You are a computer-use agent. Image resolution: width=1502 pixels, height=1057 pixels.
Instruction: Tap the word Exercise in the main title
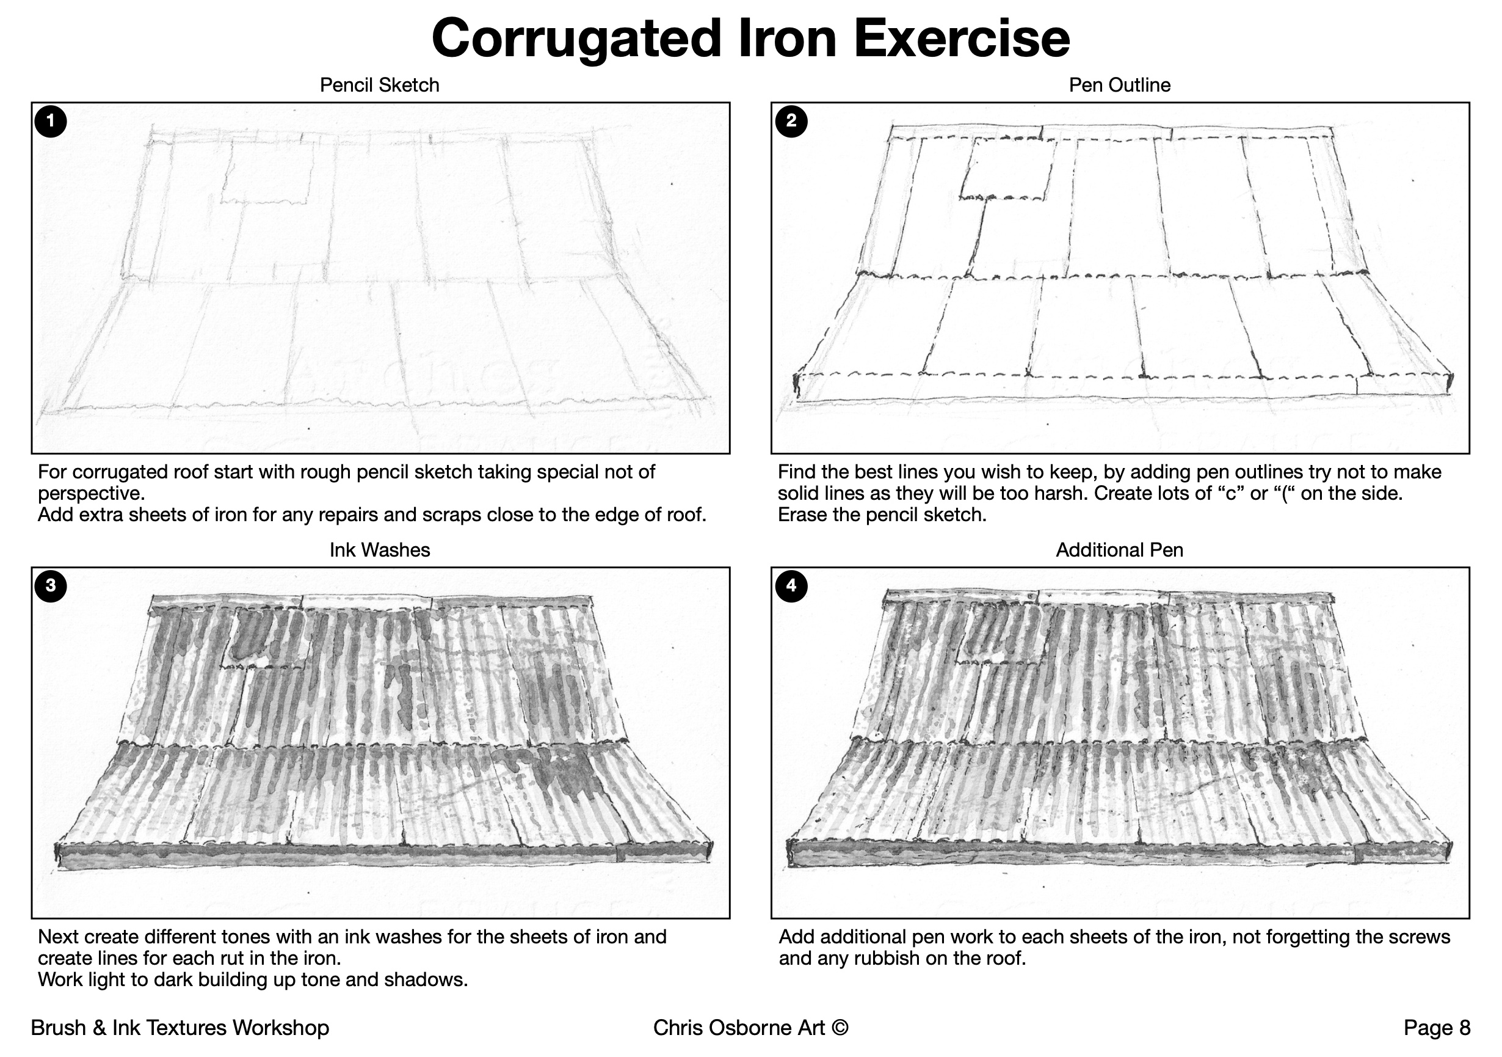click(961, 38)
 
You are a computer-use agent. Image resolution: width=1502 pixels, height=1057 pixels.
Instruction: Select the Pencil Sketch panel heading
click(379, 85)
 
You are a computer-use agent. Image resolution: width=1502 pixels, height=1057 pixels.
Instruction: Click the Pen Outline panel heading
click(1119, 85)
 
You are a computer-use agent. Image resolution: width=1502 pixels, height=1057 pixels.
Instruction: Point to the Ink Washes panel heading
click(379, 550)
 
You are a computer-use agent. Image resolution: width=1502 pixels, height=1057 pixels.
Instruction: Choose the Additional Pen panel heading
click(1119, 550)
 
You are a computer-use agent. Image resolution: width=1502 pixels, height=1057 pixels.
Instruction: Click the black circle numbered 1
click(50, 121)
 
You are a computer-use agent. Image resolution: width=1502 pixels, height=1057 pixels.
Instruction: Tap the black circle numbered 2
click(791, 121)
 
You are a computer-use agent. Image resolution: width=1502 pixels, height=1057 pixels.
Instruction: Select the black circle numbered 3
click(50, 586)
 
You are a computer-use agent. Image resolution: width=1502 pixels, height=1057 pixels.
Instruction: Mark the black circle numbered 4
click(791, 586)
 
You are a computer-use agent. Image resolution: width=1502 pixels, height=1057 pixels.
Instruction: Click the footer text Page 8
click(1437, 1028)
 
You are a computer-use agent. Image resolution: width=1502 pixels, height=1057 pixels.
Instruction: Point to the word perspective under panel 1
click(90, 494)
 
